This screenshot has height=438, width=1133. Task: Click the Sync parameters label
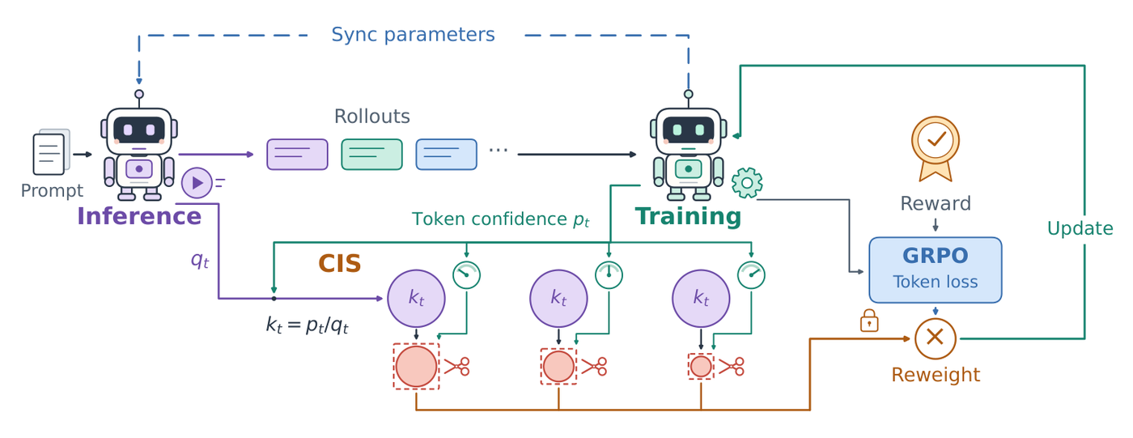coord(413,35)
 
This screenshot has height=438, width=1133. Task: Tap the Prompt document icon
coord(51,151)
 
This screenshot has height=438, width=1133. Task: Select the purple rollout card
coord(298,155)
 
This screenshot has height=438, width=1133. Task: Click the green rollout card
coord(371,155)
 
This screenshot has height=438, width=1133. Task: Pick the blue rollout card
coord(446,155)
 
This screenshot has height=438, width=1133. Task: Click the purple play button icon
coord(197,183)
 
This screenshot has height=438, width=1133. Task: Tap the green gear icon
coord(747,183)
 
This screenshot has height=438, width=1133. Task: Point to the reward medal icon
coord(936,149)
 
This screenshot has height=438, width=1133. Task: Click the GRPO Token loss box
coord(936,270)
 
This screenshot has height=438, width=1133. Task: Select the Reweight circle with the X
coord(936,338)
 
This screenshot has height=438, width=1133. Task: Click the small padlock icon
coord(869,321)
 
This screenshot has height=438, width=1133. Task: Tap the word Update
coord(1080,228)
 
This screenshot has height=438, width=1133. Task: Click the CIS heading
coord(339,263)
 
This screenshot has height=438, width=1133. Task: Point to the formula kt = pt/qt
coord(307,325)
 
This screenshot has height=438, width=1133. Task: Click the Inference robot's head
coord(139,131)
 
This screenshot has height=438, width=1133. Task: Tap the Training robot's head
coord(689,131)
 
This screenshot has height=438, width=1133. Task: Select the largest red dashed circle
coord(416,367)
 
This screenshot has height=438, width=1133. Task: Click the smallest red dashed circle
coord(701,367)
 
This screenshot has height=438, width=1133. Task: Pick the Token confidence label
coord(500,219)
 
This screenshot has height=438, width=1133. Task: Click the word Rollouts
coord(371,117)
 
